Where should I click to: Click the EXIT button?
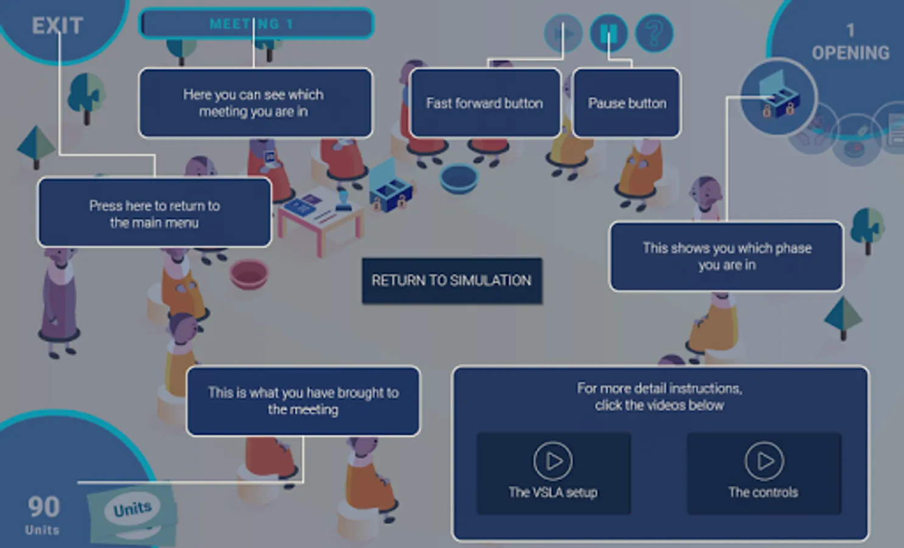click(57, 26)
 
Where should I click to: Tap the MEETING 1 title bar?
click(256, 24)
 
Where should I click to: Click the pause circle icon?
click(609, 33)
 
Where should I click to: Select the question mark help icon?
click(654, 33)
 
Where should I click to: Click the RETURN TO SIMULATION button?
click(452, 281)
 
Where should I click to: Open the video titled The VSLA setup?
click(554, 473)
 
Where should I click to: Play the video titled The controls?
click(764, 473)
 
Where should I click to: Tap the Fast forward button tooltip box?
click(485, 104)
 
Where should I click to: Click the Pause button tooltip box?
click(627, 104)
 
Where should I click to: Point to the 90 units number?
click(44, 507)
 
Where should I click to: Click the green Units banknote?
click(133, 513)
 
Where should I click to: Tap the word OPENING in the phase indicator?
click(850, 53)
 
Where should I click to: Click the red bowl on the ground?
click(249, 274)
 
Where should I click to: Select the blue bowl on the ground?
click(459, 179)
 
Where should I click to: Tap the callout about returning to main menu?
click(155, 213)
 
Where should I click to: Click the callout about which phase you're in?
click(726, 256)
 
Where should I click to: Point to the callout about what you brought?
click(303, 401)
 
